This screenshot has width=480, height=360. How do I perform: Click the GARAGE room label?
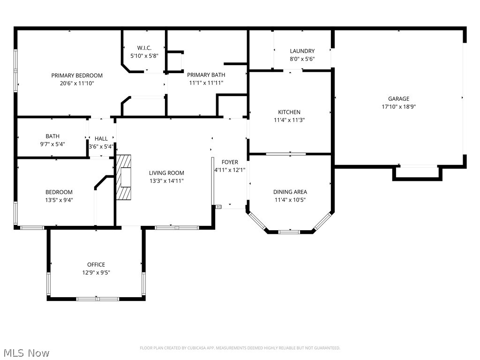click(x=398, y=99)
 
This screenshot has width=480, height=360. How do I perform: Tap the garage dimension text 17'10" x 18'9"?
click(x=398, y=106)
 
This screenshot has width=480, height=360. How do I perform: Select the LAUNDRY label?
click(x=302, y=51)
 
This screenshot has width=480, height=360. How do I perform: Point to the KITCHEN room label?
click(x=289, y=112)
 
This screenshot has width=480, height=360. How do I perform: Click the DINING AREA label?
click(x=290, y=192)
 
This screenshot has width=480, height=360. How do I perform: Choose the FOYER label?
click(x=230, y=162)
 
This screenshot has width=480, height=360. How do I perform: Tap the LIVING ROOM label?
click(x=166, y=173)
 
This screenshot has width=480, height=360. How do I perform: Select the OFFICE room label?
click(x=96, y=264)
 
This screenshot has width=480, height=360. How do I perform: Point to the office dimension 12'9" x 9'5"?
click(x=96, y=272)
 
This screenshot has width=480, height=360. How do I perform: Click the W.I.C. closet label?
click(x=144, y=48)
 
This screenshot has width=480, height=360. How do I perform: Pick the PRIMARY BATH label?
click(x=206, y=75)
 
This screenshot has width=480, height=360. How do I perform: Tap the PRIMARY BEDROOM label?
click(x=77, y=75)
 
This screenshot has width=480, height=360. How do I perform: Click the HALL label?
click(x=101, y=139)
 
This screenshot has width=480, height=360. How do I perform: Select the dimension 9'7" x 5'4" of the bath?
click(x=52, y=144)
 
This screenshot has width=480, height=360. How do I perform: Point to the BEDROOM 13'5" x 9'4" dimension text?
click(x=59, y=200)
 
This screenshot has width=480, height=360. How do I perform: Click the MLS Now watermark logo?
click(x=26, y=352)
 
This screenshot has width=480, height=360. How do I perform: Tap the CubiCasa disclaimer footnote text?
click(x=240, y=348)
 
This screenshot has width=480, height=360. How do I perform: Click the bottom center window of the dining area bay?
click(x=289, y=231)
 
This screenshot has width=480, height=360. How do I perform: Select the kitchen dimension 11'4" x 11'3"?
click(x=289, y=120)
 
